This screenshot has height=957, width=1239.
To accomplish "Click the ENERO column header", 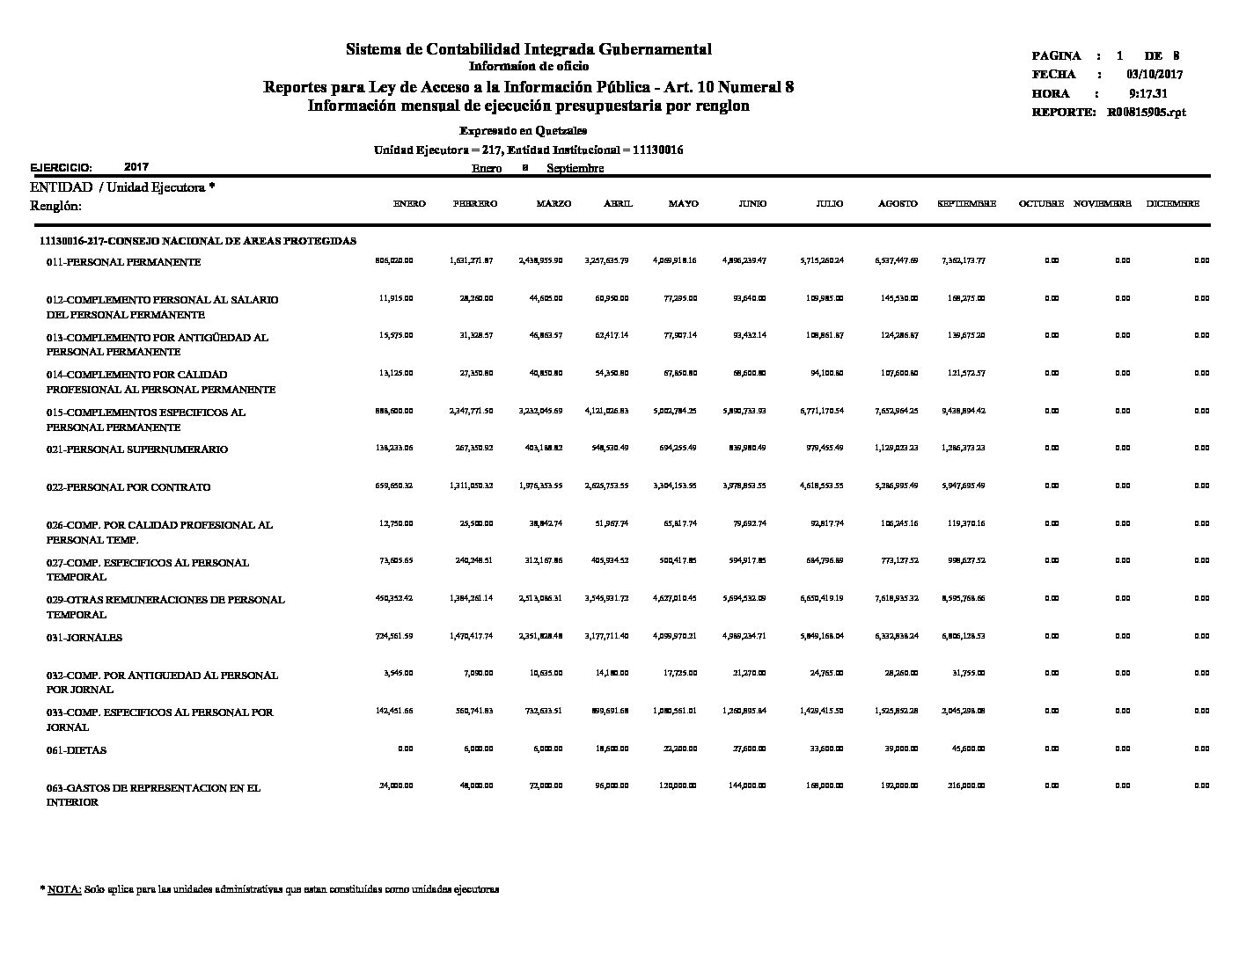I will pyautogui.click(x=409, y=204).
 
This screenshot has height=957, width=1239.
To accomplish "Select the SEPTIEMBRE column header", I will pyautogui.click(x=966, y=204).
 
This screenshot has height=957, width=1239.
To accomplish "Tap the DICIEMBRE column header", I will pyautogui.click(x=1172, y=204).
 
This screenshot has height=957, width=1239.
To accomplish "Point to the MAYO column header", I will pyautogui.click(x=683, y=204).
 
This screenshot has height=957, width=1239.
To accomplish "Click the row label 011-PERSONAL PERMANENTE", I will pyautogui.click(x=123, y=262).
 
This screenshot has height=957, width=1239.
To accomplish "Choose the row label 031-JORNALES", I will pyautogui.click(x=84, y=638).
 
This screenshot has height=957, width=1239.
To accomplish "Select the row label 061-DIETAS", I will pyautogui.click(x=77, y=750).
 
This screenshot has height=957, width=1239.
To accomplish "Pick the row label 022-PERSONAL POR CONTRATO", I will pyautogui.click(x=128, y=487).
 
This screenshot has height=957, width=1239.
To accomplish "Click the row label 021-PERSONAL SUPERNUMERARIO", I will pyautogui.click(x=136, y=449).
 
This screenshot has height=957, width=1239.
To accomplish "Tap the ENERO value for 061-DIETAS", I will pyautogui.click(x=405, y=749).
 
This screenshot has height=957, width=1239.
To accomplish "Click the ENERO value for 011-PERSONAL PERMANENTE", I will pyautogui.click(x=394, y=260).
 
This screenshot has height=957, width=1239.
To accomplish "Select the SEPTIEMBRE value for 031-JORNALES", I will pyautogui.click(x=963, y=636).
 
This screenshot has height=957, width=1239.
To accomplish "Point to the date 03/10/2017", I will pyautogui.click(x=1154, y=75).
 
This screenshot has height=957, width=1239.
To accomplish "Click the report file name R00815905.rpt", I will pyautogui.click(x=1147, y=113).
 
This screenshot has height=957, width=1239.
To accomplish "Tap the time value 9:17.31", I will pyautogui.click(x=1147, y=93).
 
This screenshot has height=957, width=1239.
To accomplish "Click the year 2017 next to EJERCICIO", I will pyautogui.click(x=136, y=166).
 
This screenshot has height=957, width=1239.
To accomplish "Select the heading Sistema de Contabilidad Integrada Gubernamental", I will pyautogui.click(x=528, y=49).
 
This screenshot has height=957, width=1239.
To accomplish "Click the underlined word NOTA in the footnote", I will pyautogui.click(x=64, y=889).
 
